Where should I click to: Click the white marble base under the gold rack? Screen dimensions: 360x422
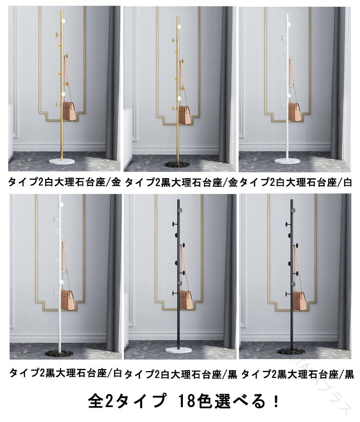coord(62,162)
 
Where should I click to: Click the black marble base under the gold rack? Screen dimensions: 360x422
coord(178,164)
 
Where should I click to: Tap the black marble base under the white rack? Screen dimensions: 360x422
coord(60,352)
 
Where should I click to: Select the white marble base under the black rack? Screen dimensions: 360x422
coord(179,350)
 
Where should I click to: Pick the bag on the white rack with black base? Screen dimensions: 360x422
coord(68,299)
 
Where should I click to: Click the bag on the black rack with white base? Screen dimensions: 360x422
coord(186,300)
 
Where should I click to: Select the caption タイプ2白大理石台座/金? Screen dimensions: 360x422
coord(64,182)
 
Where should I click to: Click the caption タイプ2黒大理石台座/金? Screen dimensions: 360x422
coord(181,183)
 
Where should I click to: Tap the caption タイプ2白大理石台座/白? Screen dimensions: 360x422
coord(295,182)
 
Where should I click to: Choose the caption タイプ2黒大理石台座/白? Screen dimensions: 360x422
coord(66,373)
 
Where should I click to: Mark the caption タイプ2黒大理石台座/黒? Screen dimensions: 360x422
coord(298,374)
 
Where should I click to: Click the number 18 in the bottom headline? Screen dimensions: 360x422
coord(186,401)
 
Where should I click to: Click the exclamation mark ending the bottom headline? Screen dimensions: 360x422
coord(276,401)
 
